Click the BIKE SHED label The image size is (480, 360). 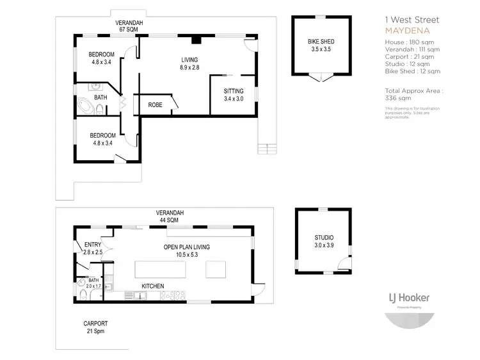click(321, 45)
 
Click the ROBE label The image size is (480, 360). click(155, 104)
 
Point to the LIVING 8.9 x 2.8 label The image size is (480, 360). click(189, 63)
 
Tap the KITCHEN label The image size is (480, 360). click(153, 286)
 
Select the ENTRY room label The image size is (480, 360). click(92, 248)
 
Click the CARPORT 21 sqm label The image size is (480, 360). click(95, 327)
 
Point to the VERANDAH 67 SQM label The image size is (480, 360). click(129, 26)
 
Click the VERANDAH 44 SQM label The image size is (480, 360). click(170, 216)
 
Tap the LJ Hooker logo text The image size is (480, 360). click(409, 298)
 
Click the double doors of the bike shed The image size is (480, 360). click(321, 78)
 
